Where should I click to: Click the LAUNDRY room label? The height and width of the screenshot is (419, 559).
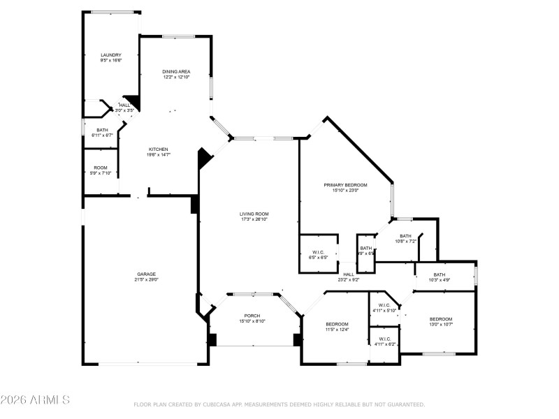(x=111, y=55)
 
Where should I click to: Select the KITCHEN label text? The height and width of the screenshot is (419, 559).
(x=158, y=149)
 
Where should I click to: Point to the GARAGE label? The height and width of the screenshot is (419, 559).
(x=146, y=274)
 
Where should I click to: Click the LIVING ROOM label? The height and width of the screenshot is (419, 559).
(x=254, y=214)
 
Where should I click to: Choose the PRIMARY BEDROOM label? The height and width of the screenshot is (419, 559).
(x=345, y=185)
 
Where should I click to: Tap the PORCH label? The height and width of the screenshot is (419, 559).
(x=252, y=316)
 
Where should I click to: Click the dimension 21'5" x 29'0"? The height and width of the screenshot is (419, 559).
(x=146, y=279)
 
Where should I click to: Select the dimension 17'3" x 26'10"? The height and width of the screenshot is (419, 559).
(x=254, y=219)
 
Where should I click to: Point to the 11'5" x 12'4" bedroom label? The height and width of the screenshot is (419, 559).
(x=337, y=324)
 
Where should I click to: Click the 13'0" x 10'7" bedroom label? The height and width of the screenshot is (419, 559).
(x=441, y=319)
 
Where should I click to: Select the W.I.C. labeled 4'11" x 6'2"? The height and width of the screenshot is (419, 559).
(x=385, y=341)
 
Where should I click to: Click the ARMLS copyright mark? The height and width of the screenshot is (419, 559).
(x=35, y=400)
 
